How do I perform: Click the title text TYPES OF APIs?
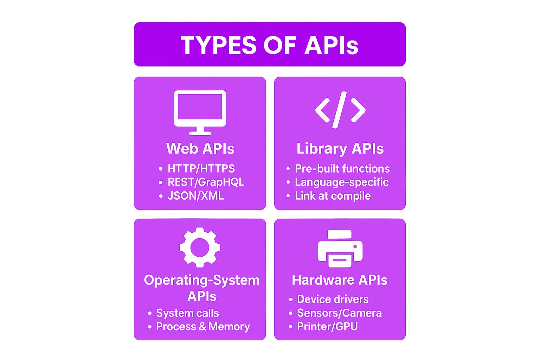[270, 45]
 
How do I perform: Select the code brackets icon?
[340, 110]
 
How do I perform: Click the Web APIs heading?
[200, 148]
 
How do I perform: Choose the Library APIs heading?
[340, 149]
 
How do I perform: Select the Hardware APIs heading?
[340, 280]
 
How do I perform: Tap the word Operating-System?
[202, 281]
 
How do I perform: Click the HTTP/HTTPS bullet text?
[201, 168]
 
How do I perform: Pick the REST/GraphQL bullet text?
[206, 182]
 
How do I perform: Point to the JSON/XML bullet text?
[195, 196]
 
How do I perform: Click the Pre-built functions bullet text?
[342, 168]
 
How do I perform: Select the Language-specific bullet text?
[342, 182]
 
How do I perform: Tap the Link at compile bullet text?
[333, 196]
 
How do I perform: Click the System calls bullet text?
[187, 314]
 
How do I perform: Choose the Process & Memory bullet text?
[203, 327]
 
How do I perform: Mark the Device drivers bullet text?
[333, 300]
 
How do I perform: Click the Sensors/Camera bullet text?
[339, 313]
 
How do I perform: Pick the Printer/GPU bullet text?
[327, 327]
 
